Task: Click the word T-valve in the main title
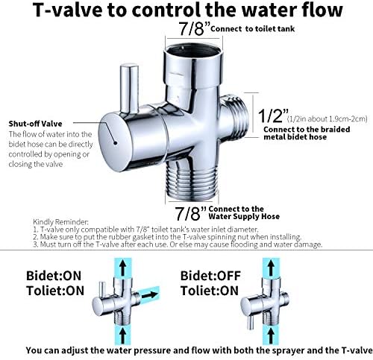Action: (x=67, y=10)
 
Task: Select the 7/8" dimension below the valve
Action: (x=191, y=213)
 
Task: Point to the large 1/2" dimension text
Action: (x=273, y=116)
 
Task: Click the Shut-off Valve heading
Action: (x=35, y=124)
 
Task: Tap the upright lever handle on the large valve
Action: (x=129, y=89)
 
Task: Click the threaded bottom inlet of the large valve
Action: (x=192, y=181)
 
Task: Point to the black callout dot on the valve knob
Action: (x=115, y=142)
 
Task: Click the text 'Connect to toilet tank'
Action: (x=252, y=29)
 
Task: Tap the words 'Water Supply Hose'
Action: (x=244, y=216)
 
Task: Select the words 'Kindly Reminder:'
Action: (x=60, y=221)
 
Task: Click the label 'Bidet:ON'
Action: (x=54, y=276)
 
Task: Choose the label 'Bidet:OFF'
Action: (x=210, y=276)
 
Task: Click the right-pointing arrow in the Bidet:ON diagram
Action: (x=151, y=295)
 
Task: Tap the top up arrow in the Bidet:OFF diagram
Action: (x=272, y=268)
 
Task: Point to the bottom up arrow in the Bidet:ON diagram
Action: (x=122, y=335)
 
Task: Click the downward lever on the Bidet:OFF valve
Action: (x=251, y=322)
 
